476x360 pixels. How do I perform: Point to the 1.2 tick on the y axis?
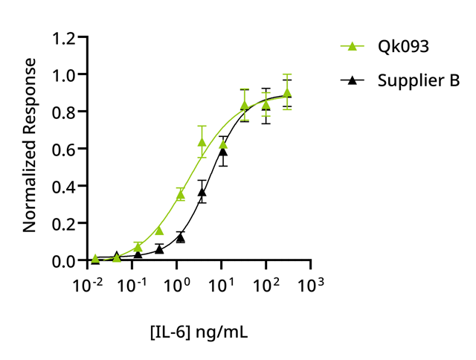(x=65, y=37)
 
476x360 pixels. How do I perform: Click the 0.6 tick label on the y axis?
(x=65, y=149)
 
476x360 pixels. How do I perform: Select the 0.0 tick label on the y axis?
(x=65, y=261)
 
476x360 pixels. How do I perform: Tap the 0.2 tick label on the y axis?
(x=65, y=224)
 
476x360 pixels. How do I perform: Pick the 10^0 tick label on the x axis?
(x=178, y=284)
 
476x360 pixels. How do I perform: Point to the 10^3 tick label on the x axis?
(x=311, y=284)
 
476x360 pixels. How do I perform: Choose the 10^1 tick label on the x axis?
(x=222, y=284)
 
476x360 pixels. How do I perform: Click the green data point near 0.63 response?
(x=202, y=142)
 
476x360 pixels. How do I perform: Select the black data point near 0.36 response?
(x=202, y=193)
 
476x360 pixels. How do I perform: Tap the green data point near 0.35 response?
(x=180, y=195)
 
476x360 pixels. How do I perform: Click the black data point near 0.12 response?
(x=180, y=238)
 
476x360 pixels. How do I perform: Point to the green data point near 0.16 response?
(x=159, y=231)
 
